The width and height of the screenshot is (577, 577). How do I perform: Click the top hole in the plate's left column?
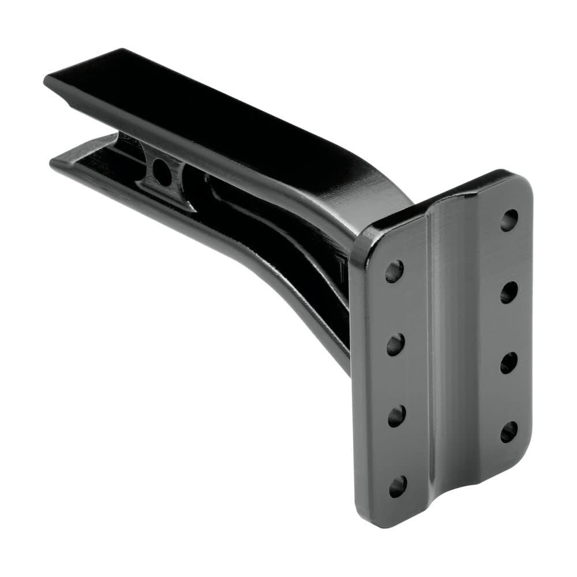point(394,270)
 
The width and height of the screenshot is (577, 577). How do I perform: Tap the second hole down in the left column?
point(395,346)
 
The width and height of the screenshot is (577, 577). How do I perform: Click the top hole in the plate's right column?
point(509,220)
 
